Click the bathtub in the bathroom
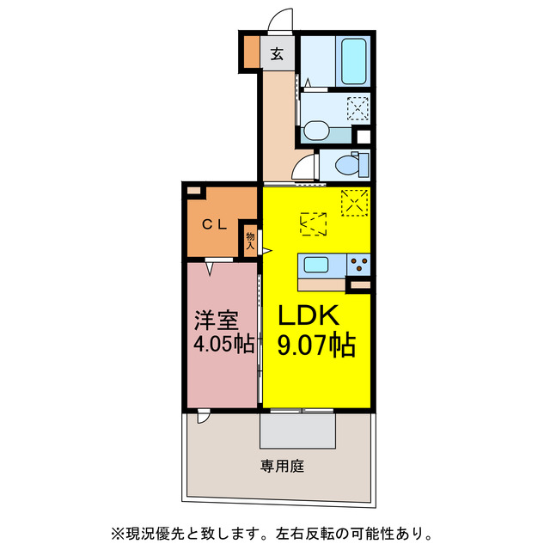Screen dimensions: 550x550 pos(354,61)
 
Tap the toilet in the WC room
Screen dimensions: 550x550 pos(351,163)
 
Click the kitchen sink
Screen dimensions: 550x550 pos(315,265)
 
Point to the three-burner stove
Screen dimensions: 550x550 pos(358,265)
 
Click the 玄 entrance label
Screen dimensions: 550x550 pos(278,54)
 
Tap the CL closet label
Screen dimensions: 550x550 pos(214,225)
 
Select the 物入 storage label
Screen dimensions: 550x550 pos(250,240)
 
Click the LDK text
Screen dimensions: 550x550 pos(309,315)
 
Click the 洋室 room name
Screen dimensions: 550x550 pos(215,320)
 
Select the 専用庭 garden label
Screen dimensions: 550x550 pos(283,467)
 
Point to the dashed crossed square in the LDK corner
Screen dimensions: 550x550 pos(353,203)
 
